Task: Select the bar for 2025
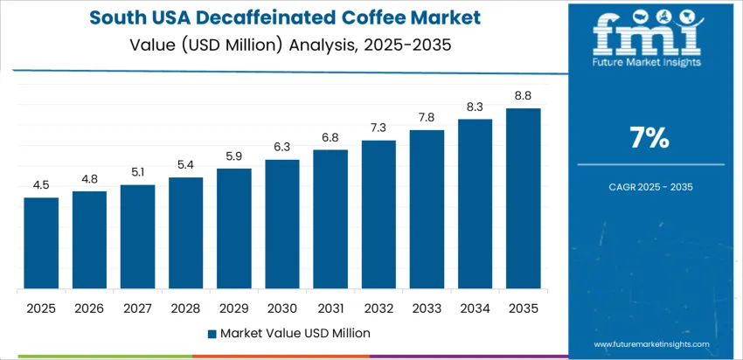pyautogui.click(x=41, y=244)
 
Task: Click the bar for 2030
pyautogui.click(x=282, y=225)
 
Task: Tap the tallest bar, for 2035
pyautogui.click(x=523, y=199)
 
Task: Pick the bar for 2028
pyautogui.click(x=185, y=233)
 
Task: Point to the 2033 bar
pyautogui.click(x=427, y=210)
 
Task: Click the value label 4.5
pyautogui.click(x=41, y=184)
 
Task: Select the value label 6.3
pyautogui.click(x=282, y=147)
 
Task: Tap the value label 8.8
pyautogui.click(x=523, y=95)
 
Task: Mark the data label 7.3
pyautogui.click(x=378, y=127)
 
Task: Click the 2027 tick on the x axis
pyautogui.click(x=137, y=308)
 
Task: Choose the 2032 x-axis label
pyautogui.click(x=378, y=308)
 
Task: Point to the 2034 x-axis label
pyautogui.click(x=475, y=308)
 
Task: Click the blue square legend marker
pyautogui.click(x=212, y=333)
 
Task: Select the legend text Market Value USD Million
pyautogui.click(x=295, y=333)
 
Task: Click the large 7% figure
pyautogui.click(x=649, y=137)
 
